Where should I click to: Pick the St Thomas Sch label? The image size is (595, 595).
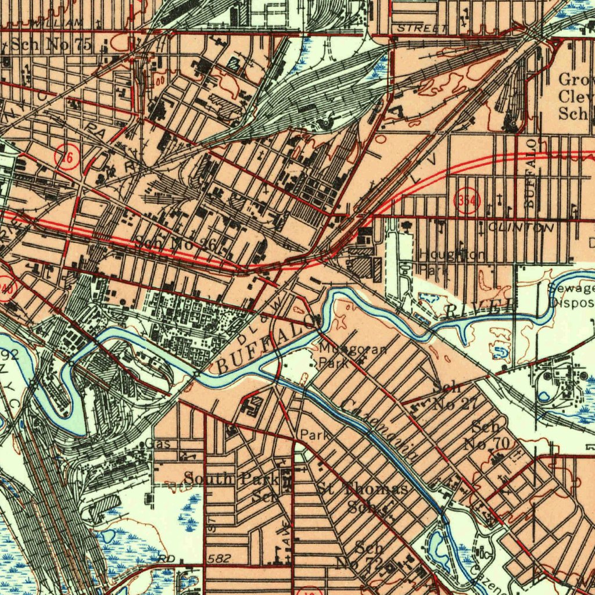point(363,496)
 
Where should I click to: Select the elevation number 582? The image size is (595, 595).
point(218,558)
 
